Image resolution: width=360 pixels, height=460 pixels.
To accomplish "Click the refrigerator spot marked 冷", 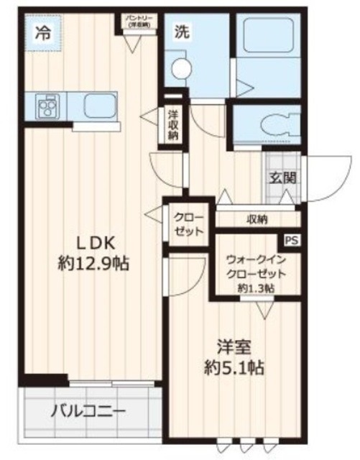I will click(44, 33).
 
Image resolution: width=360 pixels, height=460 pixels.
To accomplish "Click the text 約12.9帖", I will click(93, 264).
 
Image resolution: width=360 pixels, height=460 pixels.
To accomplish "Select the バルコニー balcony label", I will click(88, 413).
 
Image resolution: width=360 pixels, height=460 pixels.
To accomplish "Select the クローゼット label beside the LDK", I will click(188, 224).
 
